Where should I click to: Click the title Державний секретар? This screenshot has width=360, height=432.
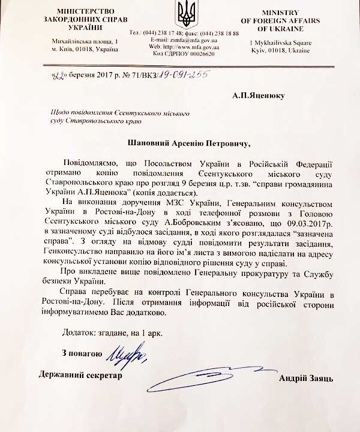[x=79, y=376]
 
